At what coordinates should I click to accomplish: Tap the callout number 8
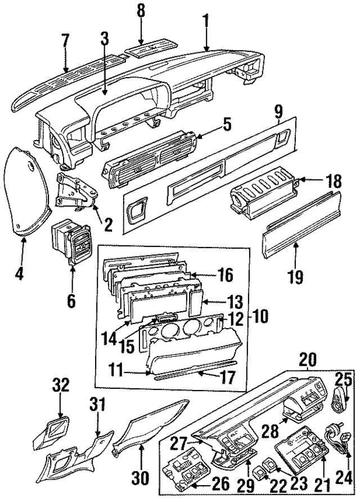coord(141,10)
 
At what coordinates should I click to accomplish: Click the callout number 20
coord(308,358)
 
